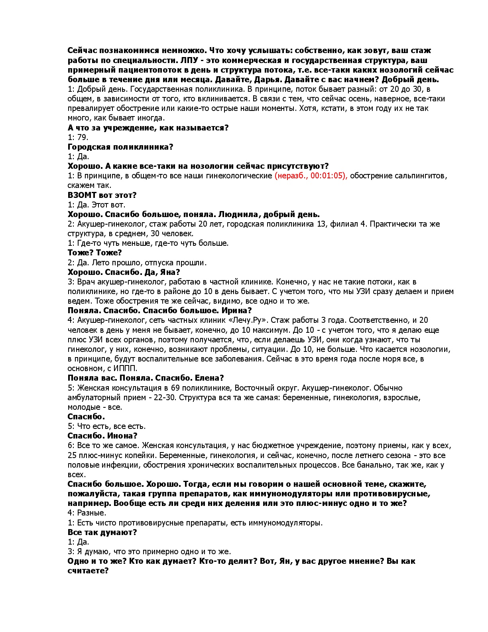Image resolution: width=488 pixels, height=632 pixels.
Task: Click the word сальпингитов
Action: pyautogui.click(x=422, y=176)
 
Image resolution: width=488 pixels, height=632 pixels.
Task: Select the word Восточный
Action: pyautogui.click(x=252, y=388)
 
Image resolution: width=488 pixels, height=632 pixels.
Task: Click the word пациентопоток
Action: pyautogui.click(x=144, y=70)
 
